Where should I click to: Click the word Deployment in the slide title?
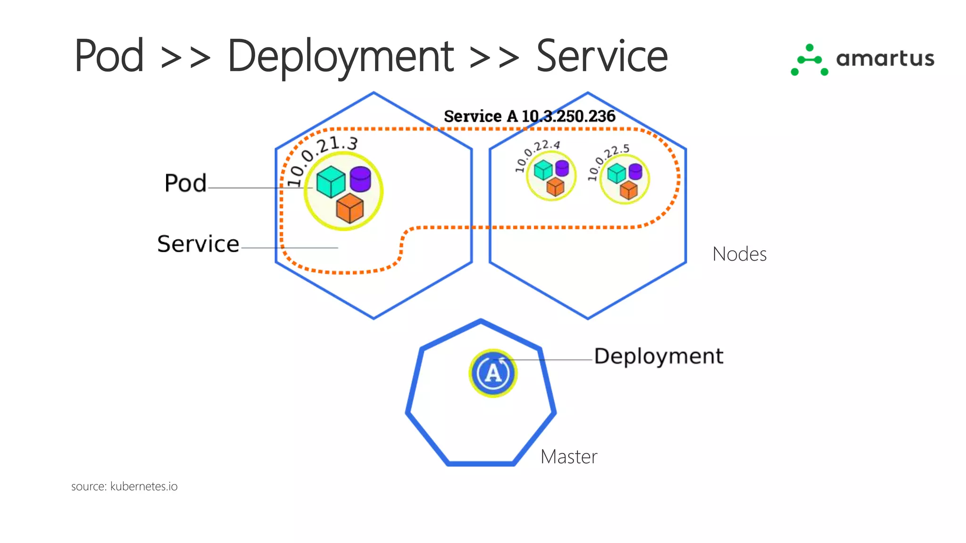[341, 57]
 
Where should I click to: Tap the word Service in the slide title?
[602, 57]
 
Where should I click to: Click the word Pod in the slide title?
[109, 57]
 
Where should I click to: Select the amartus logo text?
[885, 59]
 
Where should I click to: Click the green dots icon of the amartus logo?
[809, 60]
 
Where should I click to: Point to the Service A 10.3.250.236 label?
[529, 116]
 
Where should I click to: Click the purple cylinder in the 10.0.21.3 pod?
[360, 179]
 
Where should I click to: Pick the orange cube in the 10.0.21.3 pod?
[350, 208]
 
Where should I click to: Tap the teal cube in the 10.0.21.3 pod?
[331, 181]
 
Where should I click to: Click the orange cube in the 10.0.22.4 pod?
[555, 187]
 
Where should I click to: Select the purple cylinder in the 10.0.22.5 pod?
[635, 171]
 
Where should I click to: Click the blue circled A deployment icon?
[493, 373]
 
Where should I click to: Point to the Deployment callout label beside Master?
[658, 356]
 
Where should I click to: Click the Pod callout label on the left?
[185, 183]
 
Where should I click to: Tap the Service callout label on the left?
[198, 244]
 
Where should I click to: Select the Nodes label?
[739, 254]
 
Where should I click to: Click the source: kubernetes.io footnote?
[124, 486]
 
